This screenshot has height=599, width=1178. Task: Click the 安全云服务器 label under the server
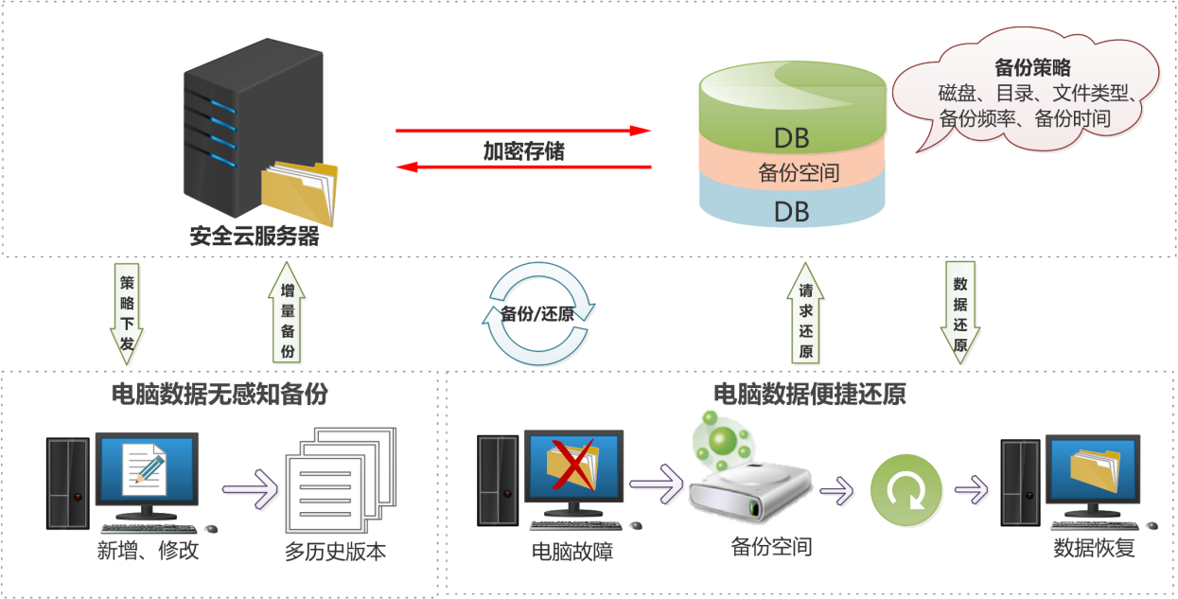pos(254,236)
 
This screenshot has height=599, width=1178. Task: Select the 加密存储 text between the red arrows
pos(523,150)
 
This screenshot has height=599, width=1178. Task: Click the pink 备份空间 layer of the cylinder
pos(793,173)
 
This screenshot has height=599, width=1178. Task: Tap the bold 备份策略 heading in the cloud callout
pos(1032,68)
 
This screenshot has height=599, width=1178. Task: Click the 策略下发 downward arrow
pos(128,313)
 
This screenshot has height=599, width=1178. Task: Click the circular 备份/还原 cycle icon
pos(538,313)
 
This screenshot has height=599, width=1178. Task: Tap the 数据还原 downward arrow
pos(959,313)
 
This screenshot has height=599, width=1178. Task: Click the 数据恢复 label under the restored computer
pos(1093,548)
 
